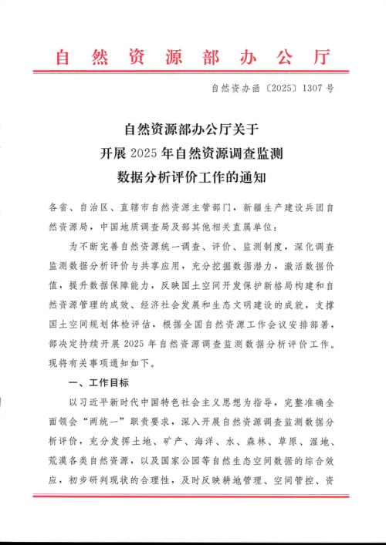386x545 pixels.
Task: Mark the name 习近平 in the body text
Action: tap(91, 402)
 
